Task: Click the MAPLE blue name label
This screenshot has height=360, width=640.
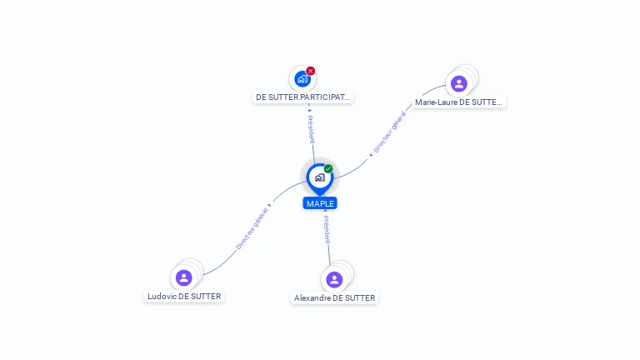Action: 320,203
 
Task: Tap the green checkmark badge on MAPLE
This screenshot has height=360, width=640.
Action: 328,168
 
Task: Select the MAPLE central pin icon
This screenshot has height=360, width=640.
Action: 320,178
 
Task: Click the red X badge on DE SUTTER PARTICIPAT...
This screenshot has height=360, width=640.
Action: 311,71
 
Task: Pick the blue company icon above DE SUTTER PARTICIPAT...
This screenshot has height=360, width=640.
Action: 302,79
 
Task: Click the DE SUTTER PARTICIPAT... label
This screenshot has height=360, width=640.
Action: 302,97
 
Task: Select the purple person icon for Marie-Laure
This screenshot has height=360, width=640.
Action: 459,83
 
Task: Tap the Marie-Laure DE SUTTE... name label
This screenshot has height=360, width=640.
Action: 458,102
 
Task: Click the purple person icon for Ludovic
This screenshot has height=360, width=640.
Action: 183,278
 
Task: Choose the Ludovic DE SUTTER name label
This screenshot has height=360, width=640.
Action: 184,297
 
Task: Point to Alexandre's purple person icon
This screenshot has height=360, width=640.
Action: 334,280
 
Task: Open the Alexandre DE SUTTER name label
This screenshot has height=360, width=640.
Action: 334,298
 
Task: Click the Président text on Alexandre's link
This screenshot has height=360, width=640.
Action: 327,230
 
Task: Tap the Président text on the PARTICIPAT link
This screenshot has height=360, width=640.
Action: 311,129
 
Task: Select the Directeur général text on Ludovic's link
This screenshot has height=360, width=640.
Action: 252,228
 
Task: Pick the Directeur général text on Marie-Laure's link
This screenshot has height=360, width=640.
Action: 389,132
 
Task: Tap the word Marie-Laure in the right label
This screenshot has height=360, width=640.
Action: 436,102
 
